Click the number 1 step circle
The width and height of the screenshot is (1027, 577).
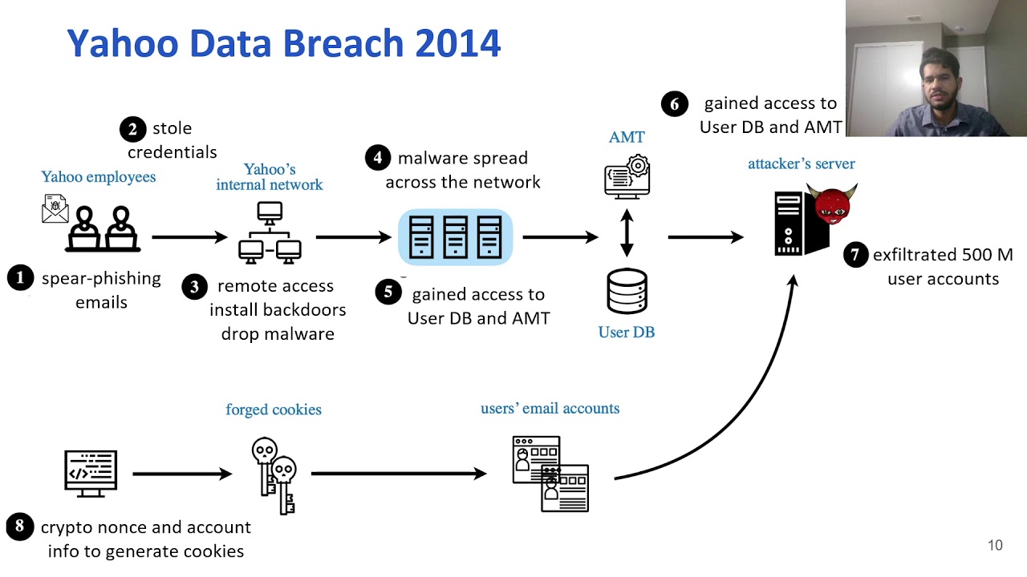click(x=20, y=278)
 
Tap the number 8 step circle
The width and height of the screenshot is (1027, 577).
click(x=20, y=527)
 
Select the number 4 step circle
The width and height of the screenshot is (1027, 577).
click(x=378, y=157)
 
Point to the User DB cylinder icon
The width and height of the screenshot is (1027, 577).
click(x=627, y=292)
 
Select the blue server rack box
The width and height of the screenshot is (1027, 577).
click(x=455, y=237)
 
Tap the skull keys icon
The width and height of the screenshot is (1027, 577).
click(x=274, y=475)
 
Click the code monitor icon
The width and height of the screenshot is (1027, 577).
click(x=91, y=473)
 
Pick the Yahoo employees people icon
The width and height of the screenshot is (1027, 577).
click(x=103, y=228)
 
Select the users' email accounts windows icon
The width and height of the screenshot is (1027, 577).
click(x=550, y=473)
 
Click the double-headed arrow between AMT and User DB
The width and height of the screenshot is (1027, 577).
click(x=627, y=234)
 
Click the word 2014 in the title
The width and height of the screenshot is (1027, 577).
click(x=458, y=42)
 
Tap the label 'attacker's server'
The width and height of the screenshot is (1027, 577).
click(x=801, y=163)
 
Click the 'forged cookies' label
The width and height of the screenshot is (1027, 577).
click(x=273, y=410)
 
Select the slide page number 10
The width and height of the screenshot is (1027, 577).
click(x=995, y=546)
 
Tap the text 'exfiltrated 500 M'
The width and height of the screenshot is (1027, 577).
click(x=943, y=255)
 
